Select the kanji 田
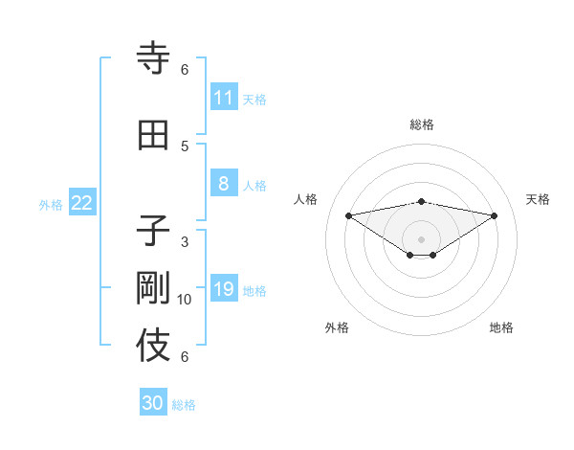coord(154,136)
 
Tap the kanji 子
coord(154,232)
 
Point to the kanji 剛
coord(154,289)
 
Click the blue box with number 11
coord(223,98)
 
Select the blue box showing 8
coord(223,184)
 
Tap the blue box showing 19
coord(223,289)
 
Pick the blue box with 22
coord(82,203)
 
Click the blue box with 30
coord(153,403)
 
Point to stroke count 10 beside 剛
coord(185,300)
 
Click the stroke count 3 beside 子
coord(185,242)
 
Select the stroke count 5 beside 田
coord(185,146)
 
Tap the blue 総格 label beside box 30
coord(184,405)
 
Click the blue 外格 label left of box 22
coord(51,204)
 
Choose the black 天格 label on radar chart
coord(538,199)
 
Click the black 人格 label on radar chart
coord(306,199)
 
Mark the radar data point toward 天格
coord(495,214)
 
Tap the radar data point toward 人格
coord(348,214)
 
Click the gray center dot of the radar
coord(421,238)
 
